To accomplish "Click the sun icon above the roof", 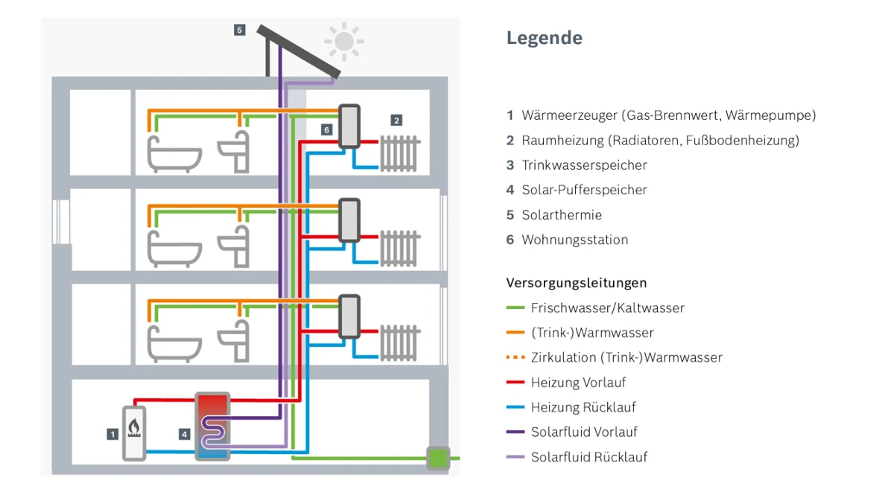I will tap(343, 42).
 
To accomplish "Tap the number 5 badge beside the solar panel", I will tap(239, 30).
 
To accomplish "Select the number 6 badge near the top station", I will tap(326, 130).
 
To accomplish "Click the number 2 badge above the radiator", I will tap(396, 120).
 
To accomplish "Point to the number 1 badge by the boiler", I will tap(112, 433).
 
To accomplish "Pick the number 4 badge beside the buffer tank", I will tap(185, 433).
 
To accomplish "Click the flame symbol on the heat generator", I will tap(134, 427).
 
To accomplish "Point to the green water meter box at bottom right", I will tap(438, 458).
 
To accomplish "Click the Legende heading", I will tap(545, 38).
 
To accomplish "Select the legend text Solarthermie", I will tap(562, 215).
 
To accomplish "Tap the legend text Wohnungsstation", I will tap(574, 240).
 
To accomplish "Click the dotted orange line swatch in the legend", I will tap(515, 357).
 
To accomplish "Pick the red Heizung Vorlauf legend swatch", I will tap(515, 383).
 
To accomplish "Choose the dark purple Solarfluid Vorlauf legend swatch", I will tap(515, 432).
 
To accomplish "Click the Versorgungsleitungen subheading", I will tap(576, 283).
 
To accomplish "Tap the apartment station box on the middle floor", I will tap(349, 220).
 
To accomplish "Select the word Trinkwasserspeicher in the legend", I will tap(584, 165).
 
